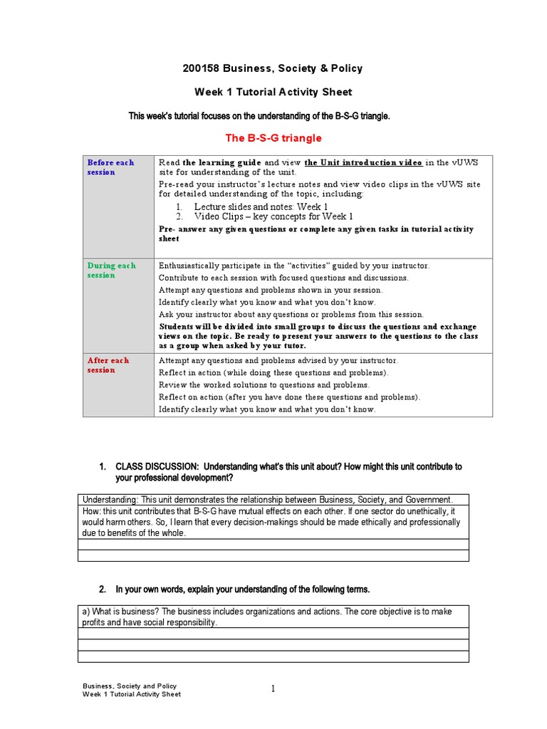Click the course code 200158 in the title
202,68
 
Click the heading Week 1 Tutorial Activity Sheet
273,92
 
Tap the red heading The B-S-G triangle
273,137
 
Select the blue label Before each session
110,167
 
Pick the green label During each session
111,271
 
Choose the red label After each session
108,365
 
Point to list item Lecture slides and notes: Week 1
261,206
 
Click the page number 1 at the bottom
273,688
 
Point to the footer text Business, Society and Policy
130,686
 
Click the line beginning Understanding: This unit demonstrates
267,499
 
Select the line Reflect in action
273,372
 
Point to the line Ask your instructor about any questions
291,314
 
